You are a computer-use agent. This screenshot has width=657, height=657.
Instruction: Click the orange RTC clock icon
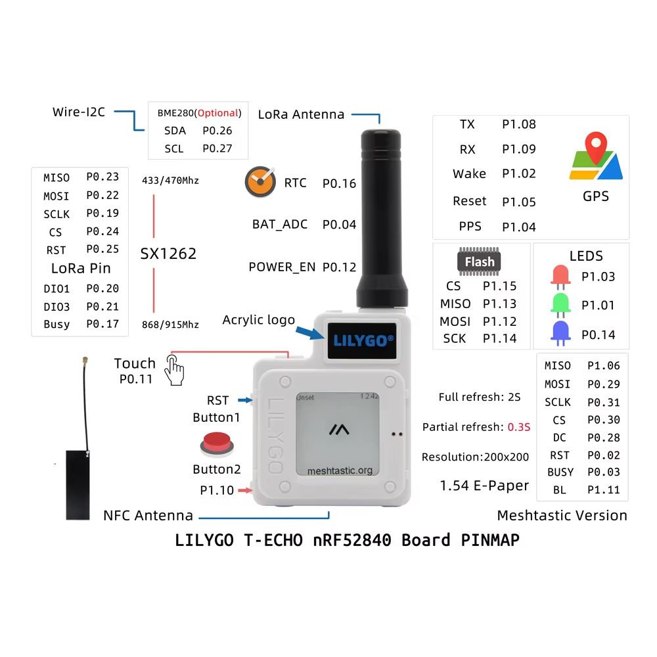260,182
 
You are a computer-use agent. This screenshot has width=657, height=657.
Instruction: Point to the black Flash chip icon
480,262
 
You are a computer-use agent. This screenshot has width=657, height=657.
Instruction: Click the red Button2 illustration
216,443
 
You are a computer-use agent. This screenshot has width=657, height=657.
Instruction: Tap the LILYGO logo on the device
363,340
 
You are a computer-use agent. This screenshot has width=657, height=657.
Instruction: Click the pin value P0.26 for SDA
217,131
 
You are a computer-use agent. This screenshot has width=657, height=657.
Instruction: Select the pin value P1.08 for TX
518,124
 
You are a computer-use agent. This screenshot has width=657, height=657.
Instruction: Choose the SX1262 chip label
169,254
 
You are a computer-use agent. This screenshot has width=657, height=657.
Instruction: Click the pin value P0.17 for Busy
102,323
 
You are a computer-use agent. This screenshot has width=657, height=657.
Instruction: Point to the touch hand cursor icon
174,370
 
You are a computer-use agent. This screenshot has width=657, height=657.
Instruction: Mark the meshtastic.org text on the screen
340,470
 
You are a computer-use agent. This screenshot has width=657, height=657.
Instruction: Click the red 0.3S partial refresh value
518,427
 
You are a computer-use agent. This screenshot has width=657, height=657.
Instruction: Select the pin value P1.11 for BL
603,489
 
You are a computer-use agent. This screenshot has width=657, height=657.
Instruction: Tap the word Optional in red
218,113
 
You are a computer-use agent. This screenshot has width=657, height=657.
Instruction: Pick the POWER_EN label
282,267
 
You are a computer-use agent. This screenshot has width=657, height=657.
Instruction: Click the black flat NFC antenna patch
78,485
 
